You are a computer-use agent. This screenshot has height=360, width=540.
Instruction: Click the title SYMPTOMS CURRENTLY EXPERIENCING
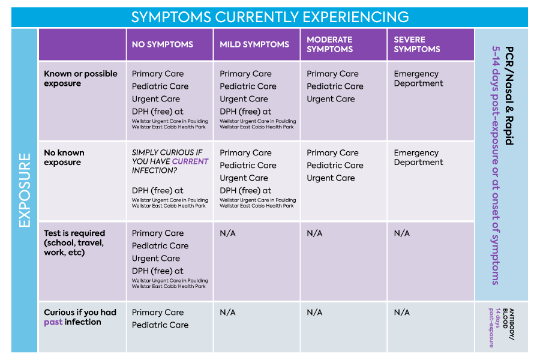point(270,17)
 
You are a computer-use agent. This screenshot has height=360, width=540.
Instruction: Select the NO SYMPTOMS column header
point(163,44)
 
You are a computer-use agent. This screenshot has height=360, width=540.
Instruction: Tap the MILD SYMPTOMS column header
point(254,44)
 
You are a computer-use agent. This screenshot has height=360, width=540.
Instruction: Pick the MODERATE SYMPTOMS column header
point(330,44)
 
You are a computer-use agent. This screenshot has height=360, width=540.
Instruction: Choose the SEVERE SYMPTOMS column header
point(417,44)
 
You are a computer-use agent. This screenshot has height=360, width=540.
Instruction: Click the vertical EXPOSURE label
point(25,190)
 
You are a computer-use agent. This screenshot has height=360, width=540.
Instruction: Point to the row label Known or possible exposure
point(80,79)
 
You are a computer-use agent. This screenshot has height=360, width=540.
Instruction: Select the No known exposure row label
point(64,157)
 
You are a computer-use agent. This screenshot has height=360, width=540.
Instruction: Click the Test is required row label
point(74,242)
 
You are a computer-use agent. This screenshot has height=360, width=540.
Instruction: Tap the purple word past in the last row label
point(53,322)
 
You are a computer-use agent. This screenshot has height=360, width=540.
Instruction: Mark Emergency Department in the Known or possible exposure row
point(418,79)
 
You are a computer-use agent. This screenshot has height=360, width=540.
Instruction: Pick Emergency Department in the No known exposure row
point(418,157)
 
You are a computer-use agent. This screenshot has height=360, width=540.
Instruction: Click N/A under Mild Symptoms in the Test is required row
point(227,233)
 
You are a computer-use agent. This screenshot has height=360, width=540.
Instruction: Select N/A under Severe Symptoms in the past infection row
point(402,313)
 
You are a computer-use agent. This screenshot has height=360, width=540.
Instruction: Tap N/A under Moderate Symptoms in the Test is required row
point(315,233)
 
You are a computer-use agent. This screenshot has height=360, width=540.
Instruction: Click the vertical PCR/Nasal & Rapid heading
point(509,95)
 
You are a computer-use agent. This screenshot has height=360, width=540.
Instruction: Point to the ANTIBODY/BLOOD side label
point(509,324)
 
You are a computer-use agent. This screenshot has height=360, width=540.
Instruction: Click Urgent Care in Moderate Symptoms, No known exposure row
point(331,178)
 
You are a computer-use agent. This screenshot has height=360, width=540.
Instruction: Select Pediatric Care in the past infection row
point(160,325)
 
